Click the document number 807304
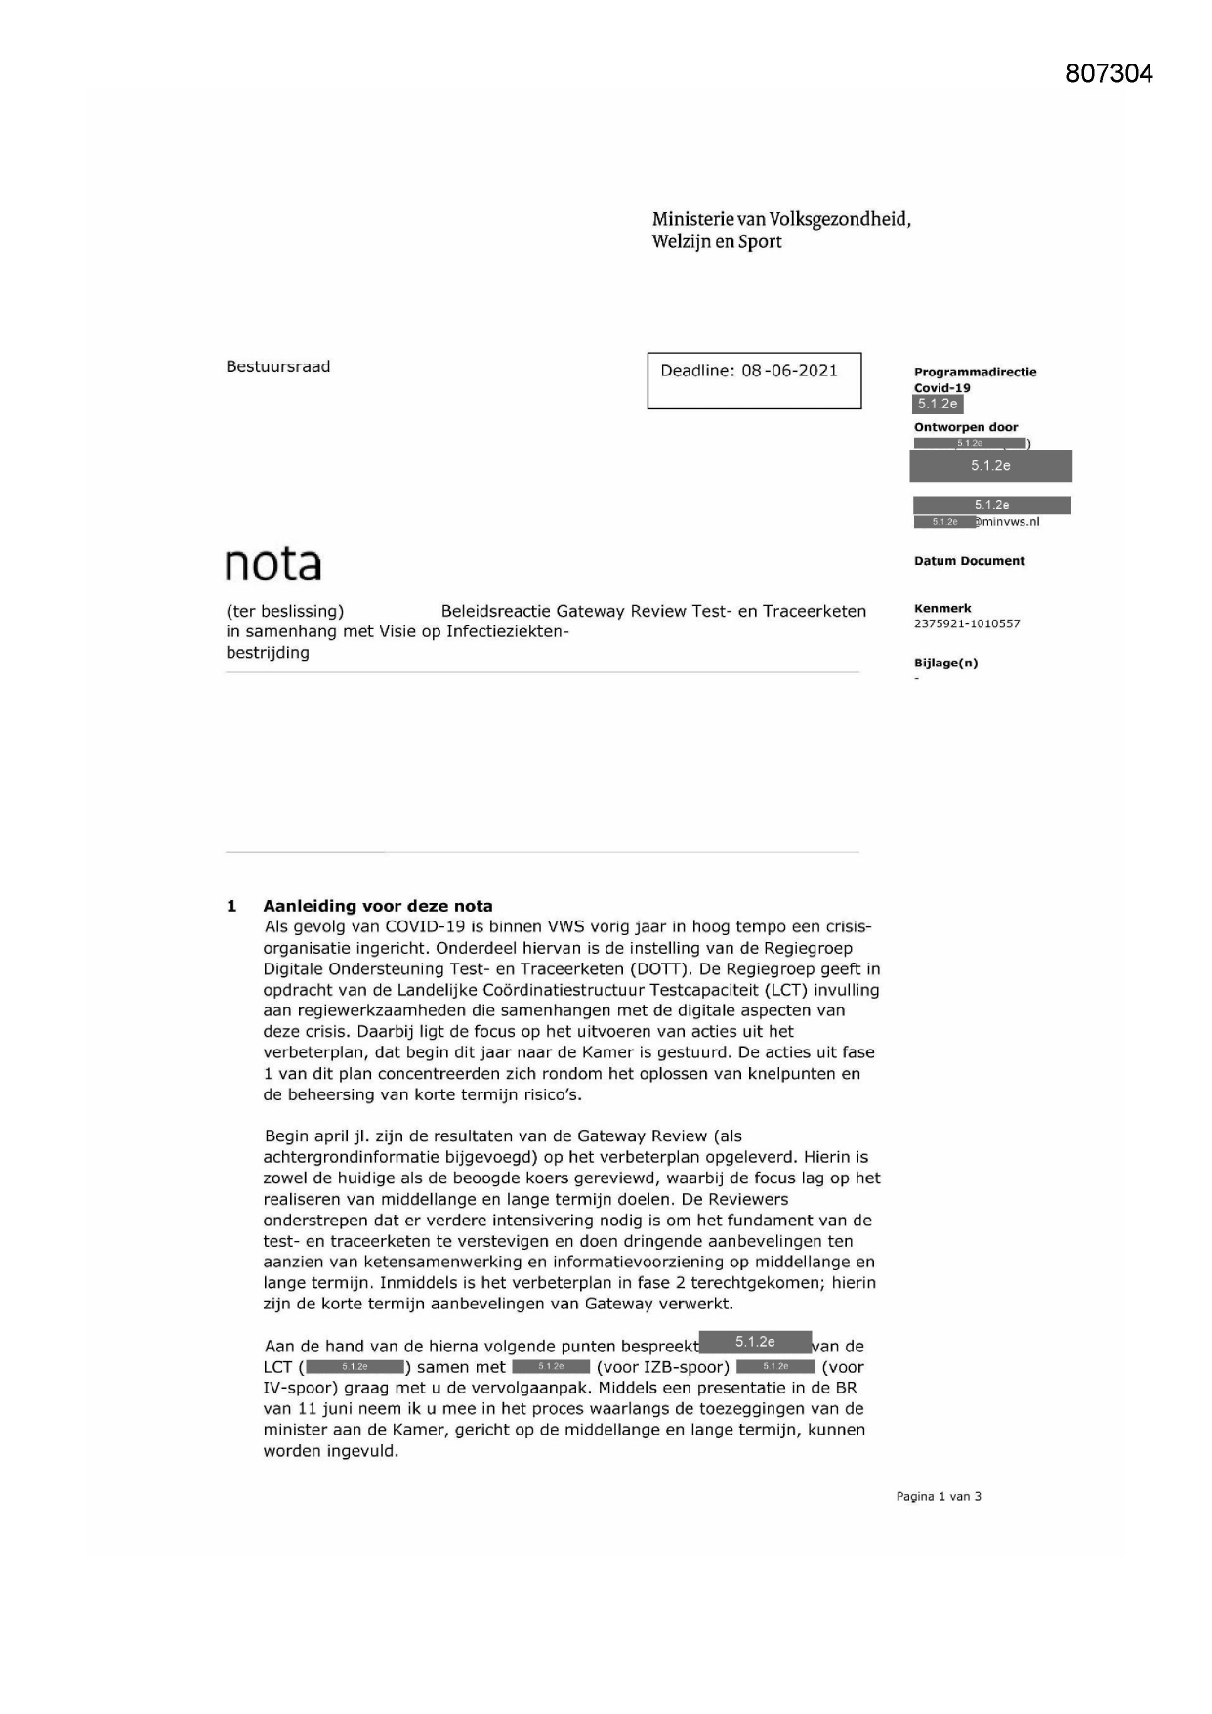(x=1108, y=73)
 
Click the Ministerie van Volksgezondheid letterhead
(x=780, y=230)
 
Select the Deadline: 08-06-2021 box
(x=754, y=380)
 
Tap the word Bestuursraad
(x=278, y=366)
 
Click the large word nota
(x=272, y=564)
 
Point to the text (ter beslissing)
(x=284, y=611)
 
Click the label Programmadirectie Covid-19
(x=974, y=379)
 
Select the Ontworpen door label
(x=965, y=427)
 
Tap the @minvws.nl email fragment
(x=1011, y=522)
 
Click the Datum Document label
(x=969, y=561)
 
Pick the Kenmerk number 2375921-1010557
(x=967, y=623)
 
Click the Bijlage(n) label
(x=945, y=663)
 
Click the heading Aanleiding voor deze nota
(x=378, y=906)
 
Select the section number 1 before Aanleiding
(x=231, y=906)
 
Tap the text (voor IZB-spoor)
(x=662, y=1367)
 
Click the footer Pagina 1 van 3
(x=939, y=1496)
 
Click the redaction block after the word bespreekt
(x=755, y=1343)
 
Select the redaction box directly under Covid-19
(x=938, y=404)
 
